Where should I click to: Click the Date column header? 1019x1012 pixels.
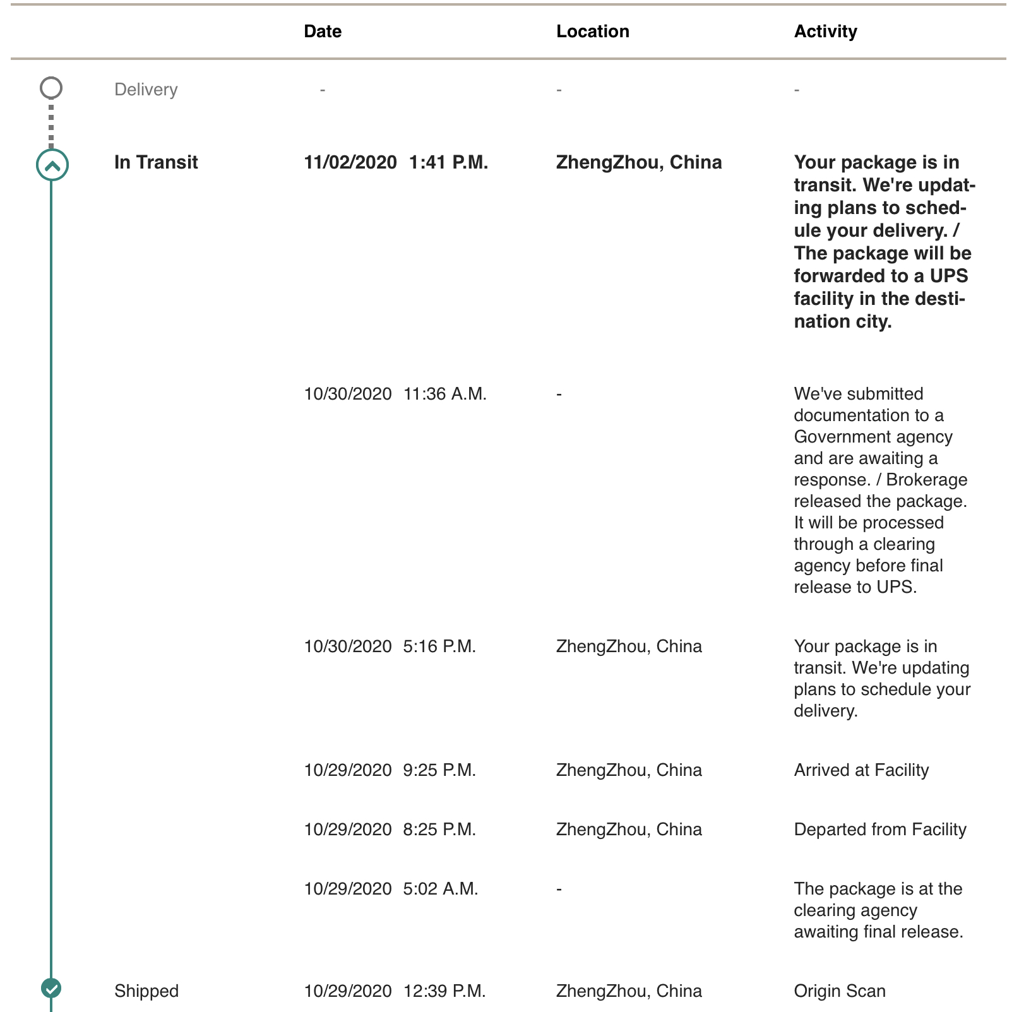point(322,32)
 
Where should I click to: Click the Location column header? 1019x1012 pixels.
point(592,32)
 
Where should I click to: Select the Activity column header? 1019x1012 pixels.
point(825,32)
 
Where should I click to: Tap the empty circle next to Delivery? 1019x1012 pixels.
point(51,88)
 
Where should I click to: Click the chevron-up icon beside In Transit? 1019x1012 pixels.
point(52,165)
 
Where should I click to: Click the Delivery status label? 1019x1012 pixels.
point(146,90)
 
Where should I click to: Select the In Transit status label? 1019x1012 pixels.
point(156,162)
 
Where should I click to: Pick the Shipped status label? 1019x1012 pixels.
point(146,991)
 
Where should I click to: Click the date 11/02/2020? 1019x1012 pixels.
point(350,162)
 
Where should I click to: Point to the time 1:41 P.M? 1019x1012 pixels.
point(448,162)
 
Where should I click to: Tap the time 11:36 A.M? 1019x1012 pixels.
point(445,394)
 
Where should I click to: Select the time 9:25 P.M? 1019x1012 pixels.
point(439,770)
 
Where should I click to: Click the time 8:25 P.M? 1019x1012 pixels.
point(439,830)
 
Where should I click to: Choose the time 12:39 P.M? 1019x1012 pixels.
point(444,991)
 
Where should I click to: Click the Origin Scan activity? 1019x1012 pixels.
point(840,991)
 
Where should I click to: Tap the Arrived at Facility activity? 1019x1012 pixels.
point(861,770)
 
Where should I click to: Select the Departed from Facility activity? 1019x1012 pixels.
point(880,830)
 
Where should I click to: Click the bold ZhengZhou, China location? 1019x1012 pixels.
point(639,162)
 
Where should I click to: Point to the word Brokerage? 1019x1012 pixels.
point(926,480)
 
